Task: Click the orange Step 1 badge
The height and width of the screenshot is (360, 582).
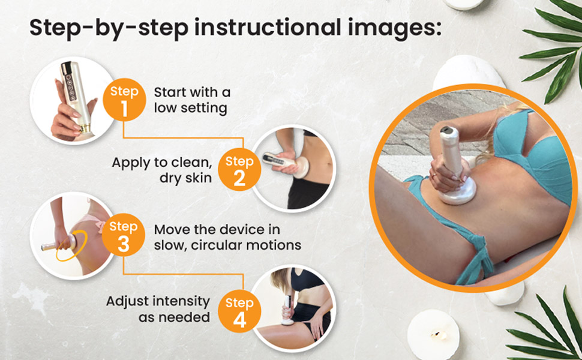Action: tap(124, 100)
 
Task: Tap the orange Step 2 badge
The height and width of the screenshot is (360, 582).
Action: tap(239, 169)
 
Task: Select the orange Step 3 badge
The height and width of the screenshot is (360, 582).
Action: tap(124, 235)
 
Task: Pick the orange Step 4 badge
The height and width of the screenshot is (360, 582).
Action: tap(239, 311)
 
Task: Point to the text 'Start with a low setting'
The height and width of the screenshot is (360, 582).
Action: tap(192, 100)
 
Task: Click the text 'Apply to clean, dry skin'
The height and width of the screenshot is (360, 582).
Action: tap(162, 170)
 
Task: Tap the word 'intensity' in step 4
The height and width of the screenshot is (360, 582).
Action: tap(184, 301)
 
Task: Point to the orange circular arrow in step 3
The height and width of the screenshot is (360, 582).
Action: tap(71, 245)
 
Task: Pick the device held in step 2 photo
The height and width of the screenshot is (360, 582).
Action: tap(285, 164)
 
